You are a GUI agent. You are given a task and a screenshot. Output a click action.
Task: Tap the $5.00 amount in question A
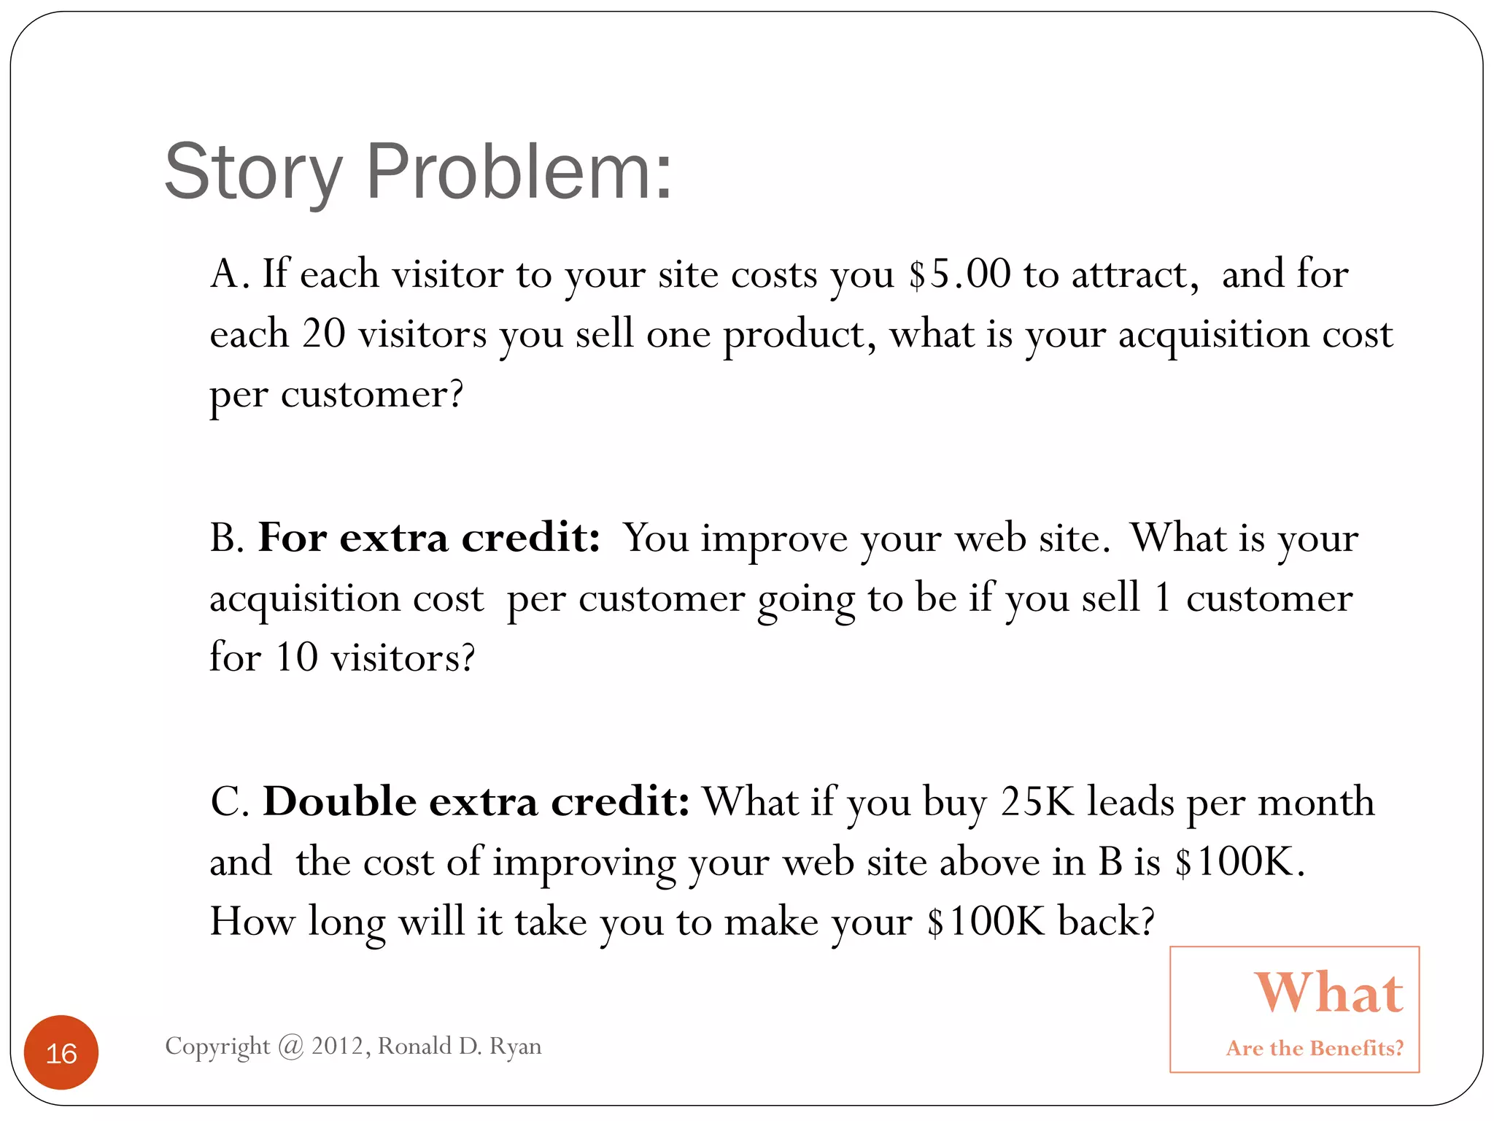coord(959,274)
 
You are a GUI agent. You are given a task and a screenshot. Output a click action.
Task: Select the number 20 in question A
coord(323,334)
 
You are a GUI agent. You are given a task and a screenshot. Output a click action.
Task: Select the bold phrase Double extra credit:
coord(476,801)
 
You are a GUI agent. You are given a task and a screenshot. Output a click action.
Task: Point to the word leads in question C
coord(1131,801)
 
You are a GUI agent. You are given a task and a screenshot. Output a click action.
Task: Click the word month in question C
coord(1316,801)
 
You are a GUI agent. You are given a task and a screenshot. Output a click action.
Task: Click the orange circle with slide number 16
coord(61,1052)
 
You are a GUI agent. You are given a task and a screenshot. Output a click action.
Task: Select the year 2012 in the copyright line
coord(337,1046)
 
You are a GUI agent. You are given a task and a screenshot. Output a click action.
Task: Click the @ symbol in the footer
coord(291,1047)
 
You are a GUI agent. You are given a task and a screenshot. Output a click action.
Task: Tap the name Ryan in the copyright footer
coord(515,1047)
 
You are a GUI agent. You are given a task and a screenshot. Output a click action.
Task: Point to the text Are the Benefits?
coord(1315,1048)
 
